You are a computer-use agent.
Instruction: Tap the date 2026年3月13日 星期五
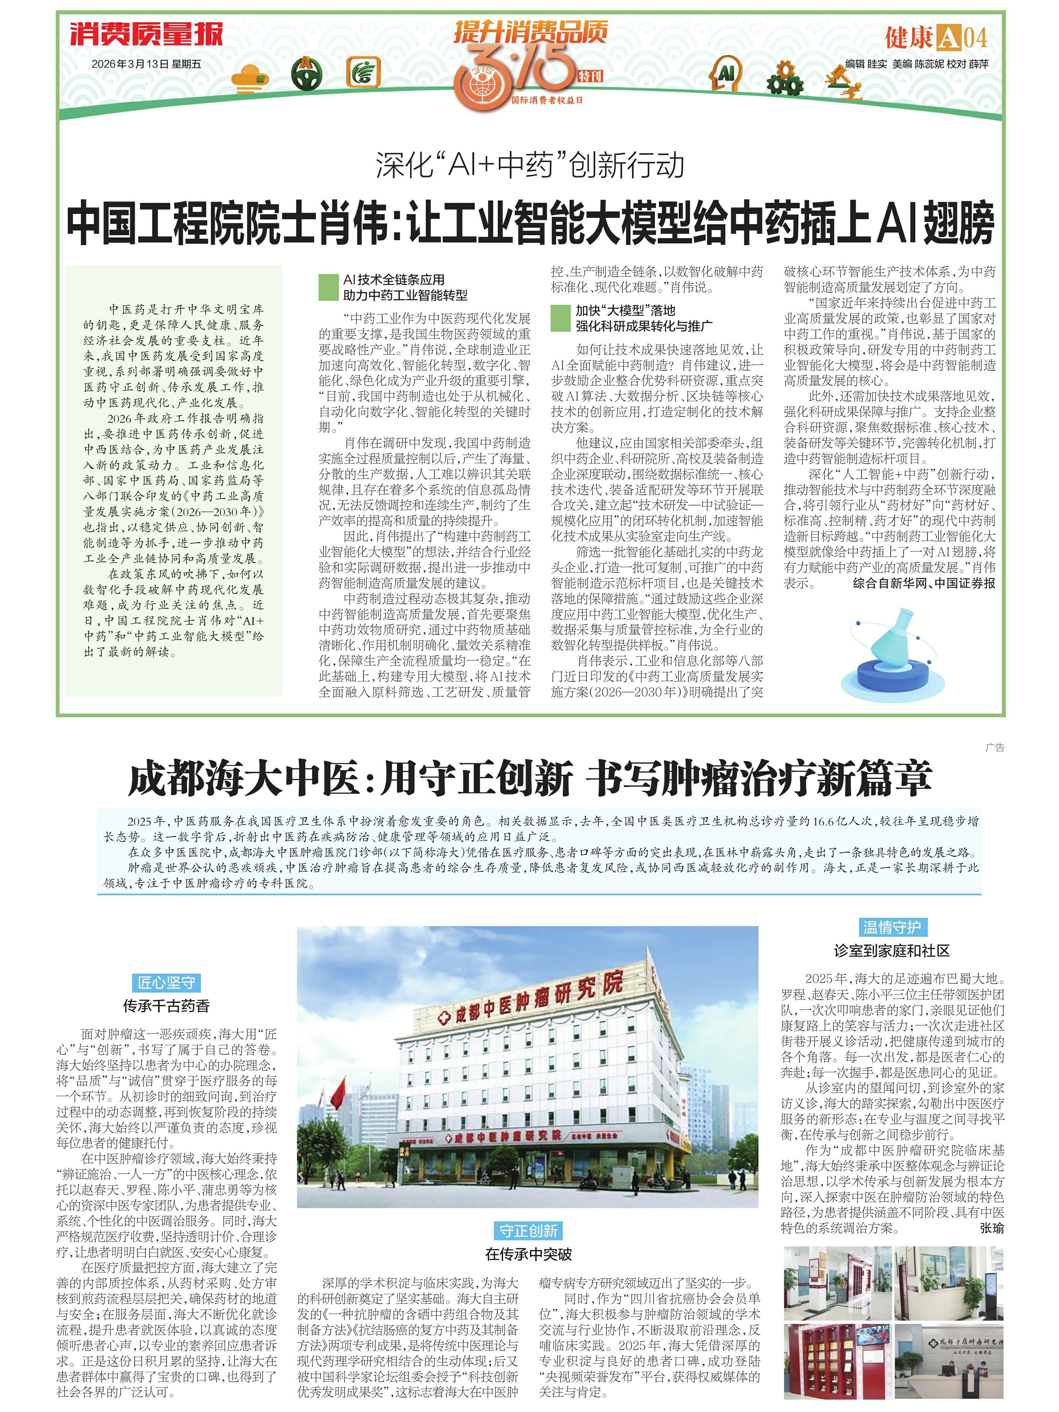pyautogui.click(x=146, y=64)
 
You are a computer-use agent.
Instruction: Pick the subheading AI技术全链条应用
pyautogui.click(x=394, y=280)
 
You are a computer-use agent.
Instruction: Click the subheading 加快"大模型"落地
pyautogui.click(x=625, y=310)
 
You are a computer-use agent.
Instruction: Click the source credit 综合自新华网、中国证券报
pyautogui.click(x=924, y=583)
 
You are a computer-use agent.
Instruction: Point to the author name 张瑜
pyautogui.click(x=991, y=1227)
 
